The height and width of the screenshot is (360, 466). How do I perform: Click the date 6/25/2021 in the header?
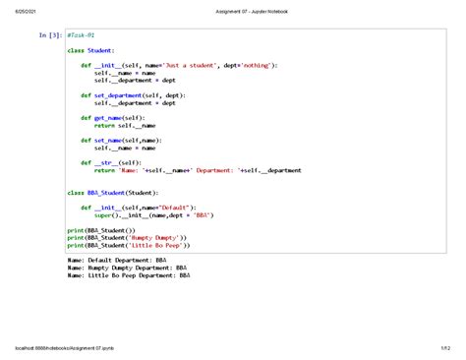point(21,11)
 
